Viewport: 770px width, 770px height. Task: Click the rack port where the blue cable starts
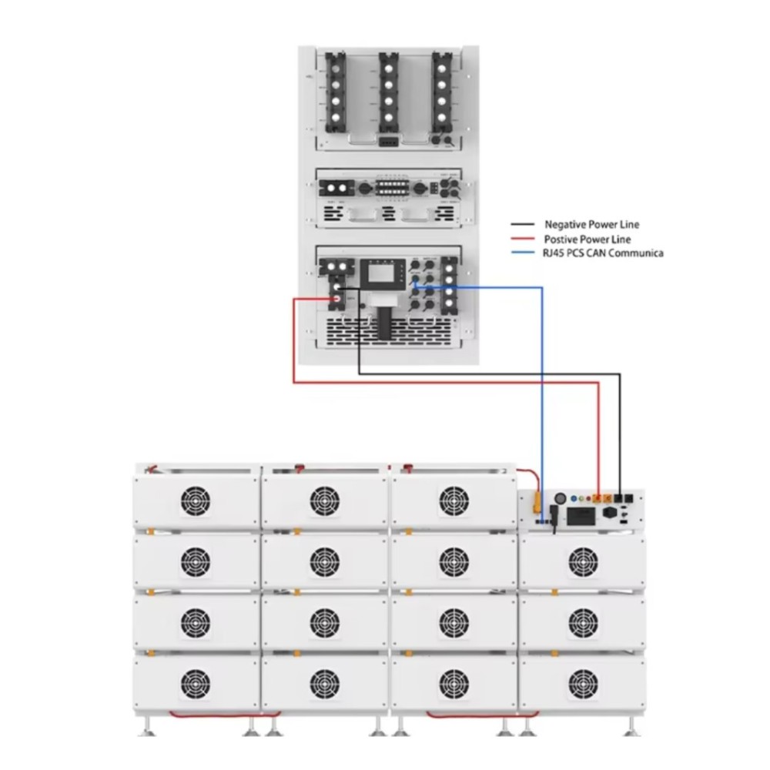pyautogui.click(x=416, y=286)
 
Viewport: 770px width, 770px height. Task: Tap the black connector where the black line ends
pyautogui.click(x=618, y=498)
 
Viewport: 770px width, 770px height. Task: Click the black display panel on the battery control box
pyautogui.click(x=581, y=516)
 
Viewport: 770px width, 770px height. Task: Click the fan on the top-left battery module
pyautogui.click(x=195, y=501)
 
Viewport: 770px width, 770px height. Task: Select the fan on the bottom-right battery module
pyautogui.click(x=583, y=683)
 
